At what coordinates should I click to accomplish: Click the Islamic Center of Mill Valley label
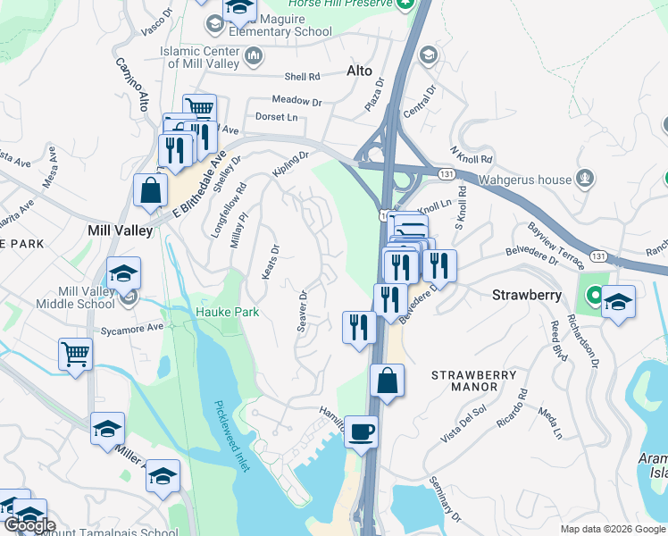click(x=200, y=57)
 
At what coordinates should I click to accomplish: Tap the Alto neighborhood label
click(x=358, y=71)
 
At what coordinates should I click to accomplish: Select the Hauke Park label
click(x=227, y=312)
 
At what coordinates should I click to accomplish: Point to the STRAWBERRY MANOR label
click(x=473, y=381)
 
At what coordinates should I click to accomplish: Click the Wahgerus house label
click(x=524, y=180)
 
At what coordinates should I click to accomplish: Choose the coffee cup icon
click(x=361, y=433)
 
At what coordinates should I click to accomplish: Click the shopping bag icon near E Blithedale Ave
click(x=149, y=189)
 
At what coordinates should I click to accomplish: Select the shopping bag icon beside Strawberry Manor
click(x=387, y=381)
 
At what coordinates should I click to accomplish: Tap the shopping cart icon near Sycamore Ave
click(x=76, y=354)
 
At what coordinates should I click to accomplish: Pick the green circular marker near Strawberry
click(x=594, y=295)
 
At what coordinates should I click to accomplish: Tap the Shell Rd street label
click(x=302, y=77)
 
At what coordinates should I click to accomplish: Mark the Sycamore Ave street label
click(x=132, y=328)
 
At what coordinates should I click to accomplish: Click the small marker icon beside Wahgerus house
click(x=585, y=178)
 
